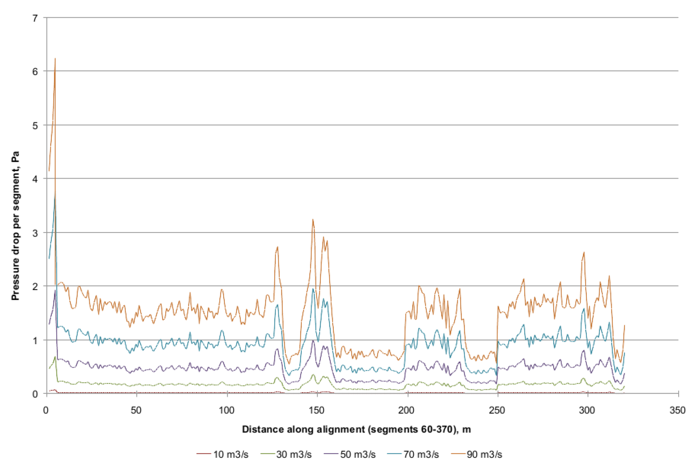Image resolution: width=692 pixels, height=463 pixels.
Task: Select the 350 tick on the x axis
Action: tap(677, 411)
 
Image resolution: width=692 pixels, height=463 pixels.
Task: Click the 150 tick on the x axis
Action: tap(317, 411)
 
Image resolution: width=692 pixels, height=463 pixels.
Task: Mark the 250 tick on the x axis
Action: tap(497, 411)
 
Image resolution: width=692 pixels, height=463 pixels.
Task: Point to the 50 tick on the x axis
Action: tap(136, 411)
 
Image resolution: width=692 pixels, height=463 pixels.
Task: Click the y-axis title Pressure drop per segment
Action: tap(15, 226)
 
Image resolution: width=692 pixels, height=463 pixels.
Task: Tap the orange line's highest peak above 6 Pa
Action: tap(55, 59)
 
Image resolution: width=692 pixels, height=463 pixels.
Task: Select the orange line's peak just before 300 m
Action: tap(584, 252)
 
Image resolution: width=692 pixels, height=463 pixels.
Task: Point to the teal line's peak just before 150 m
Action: tap(313, 288)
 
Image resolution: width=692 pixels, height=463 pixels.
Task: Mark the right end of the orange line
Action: tap(624, 325)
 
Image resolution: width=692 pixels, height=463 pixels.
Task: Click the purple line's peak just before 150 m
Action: tap(313, 340)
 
